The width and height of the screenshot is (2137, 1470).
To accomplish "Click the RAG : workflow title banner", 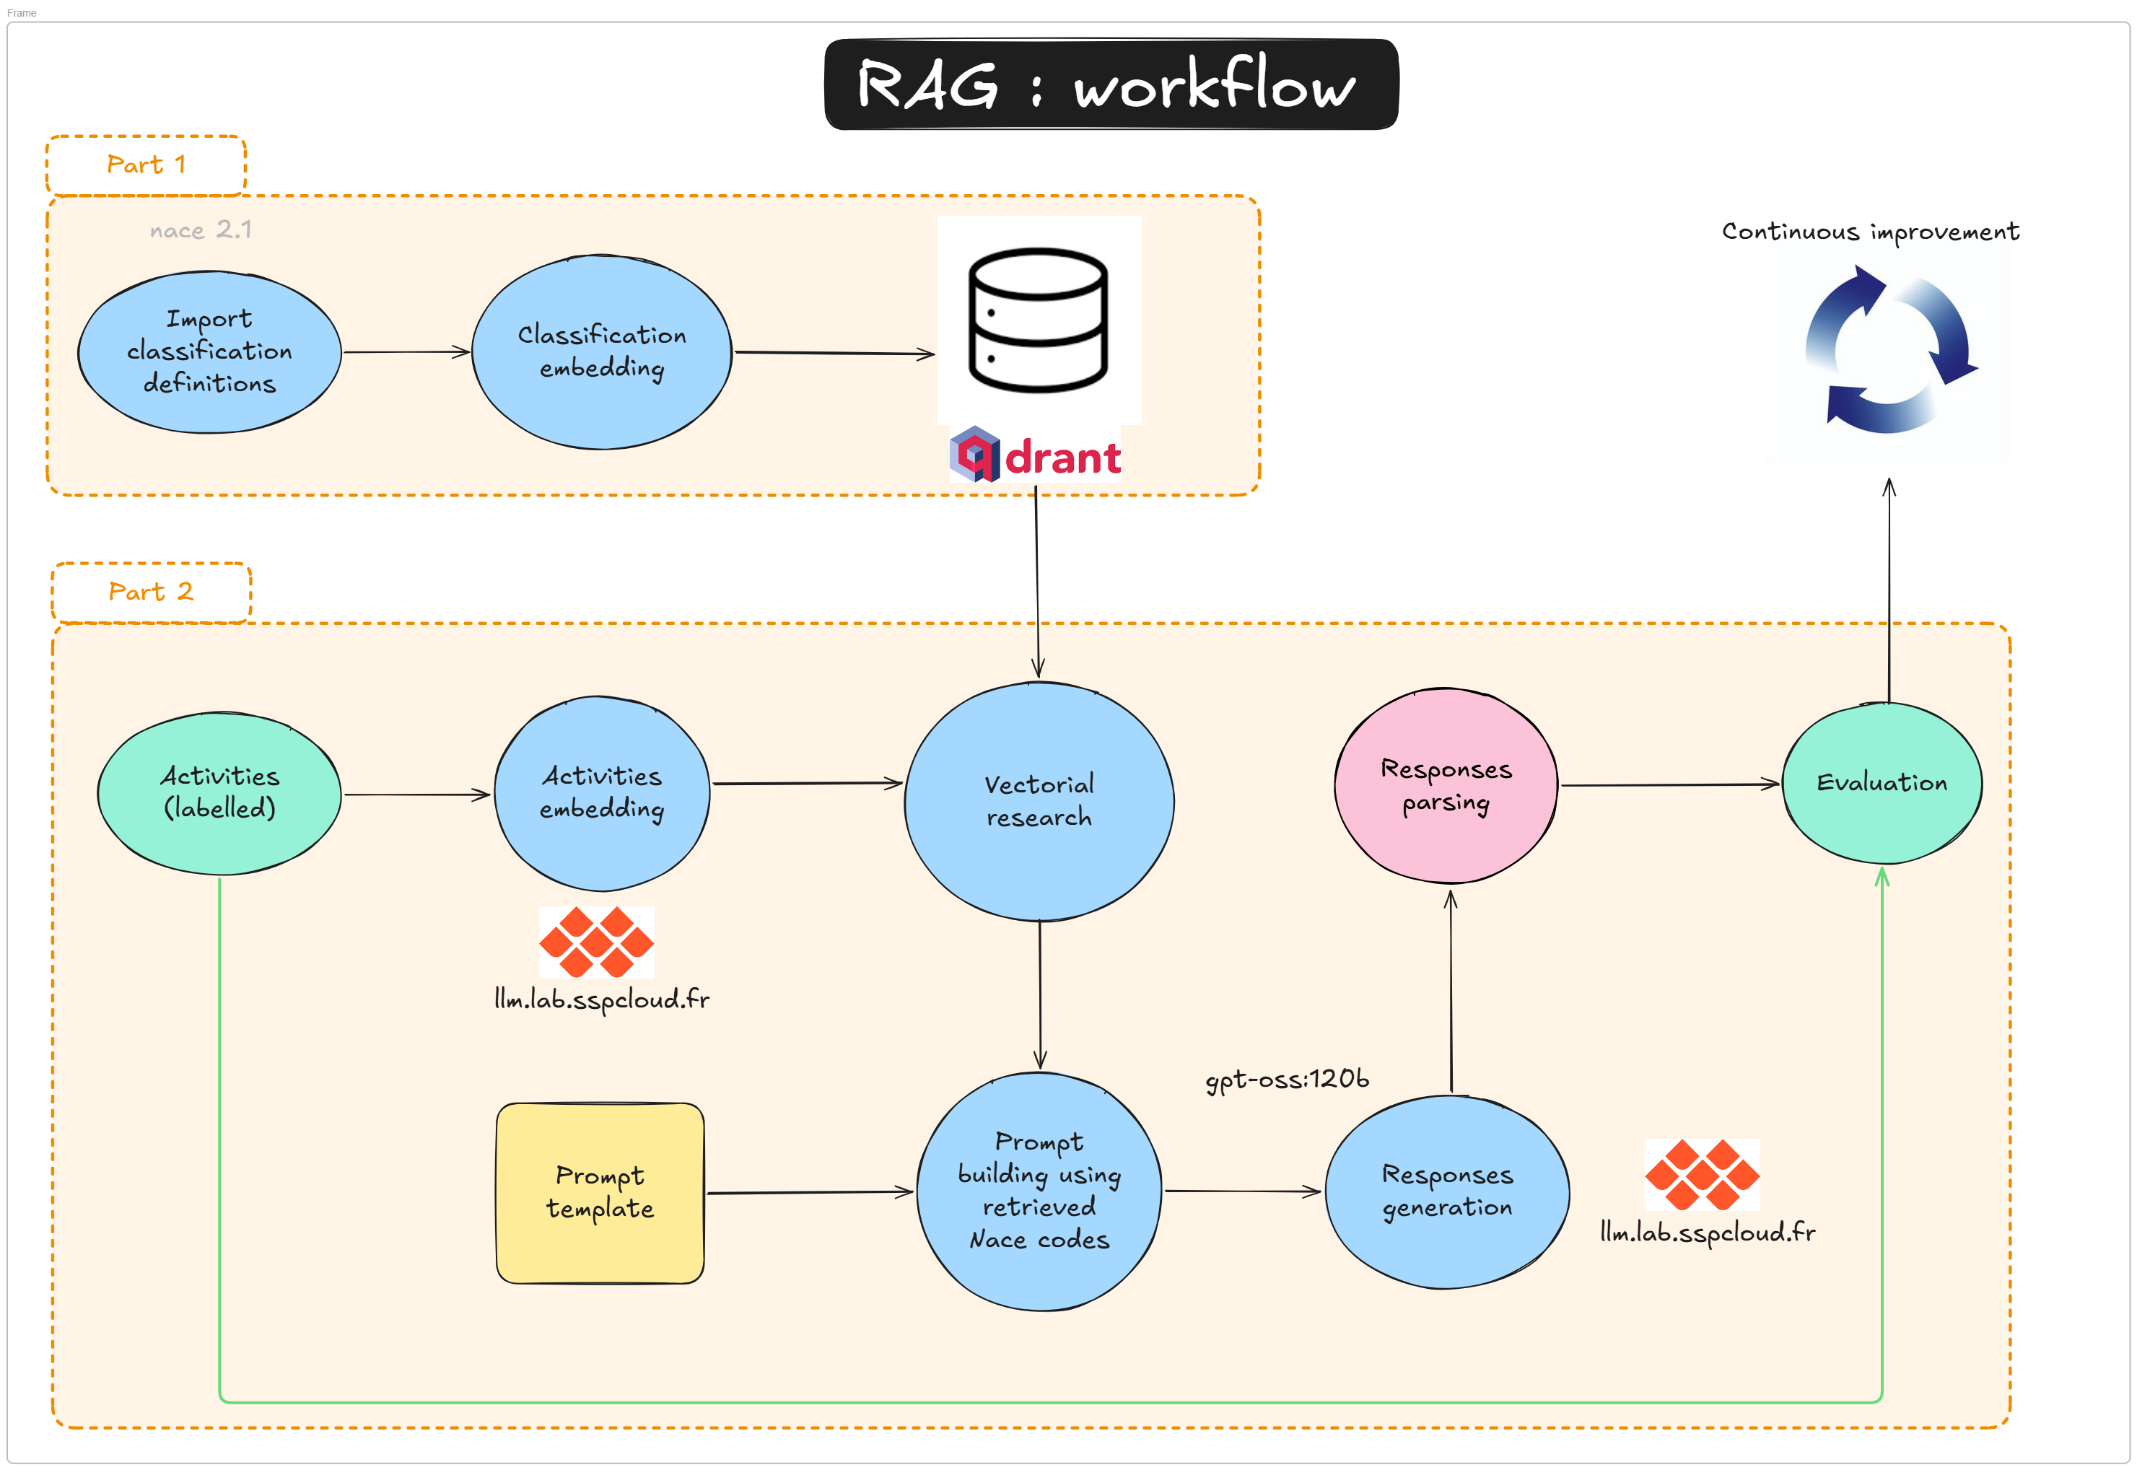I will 1110,84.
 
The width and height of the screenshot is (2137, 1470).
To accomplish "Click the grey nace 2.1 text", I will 200,229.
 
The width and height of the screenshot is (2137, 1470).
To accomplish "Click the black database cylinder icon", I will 1038,320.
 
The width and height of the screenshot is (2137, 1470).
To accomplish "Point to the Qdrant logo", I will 1036,455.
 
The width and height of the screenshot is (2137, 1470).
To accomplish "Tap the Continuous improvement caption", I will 1870,231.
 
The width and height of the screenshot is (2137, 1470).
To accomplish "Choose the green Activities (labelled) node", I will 219,792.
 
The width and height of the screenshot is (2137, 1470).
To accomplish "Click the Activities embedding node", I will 601,792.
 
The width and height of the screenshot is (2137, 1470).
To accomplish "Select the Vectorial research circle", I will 1039,800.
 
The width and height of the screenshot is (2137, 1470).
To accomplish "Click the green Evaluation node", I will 1881,783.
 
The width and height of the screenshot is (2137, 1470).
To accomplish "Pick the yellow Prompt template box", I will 600,1192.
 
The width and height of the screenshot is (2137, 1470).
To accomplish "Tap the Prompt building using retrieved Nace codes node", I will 1039,1190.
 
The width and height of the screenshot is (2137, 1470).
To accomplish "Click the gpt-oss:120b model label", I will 1287,1079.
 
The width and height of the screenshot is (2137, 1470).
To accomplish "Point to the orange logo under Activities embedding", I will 596,941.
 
